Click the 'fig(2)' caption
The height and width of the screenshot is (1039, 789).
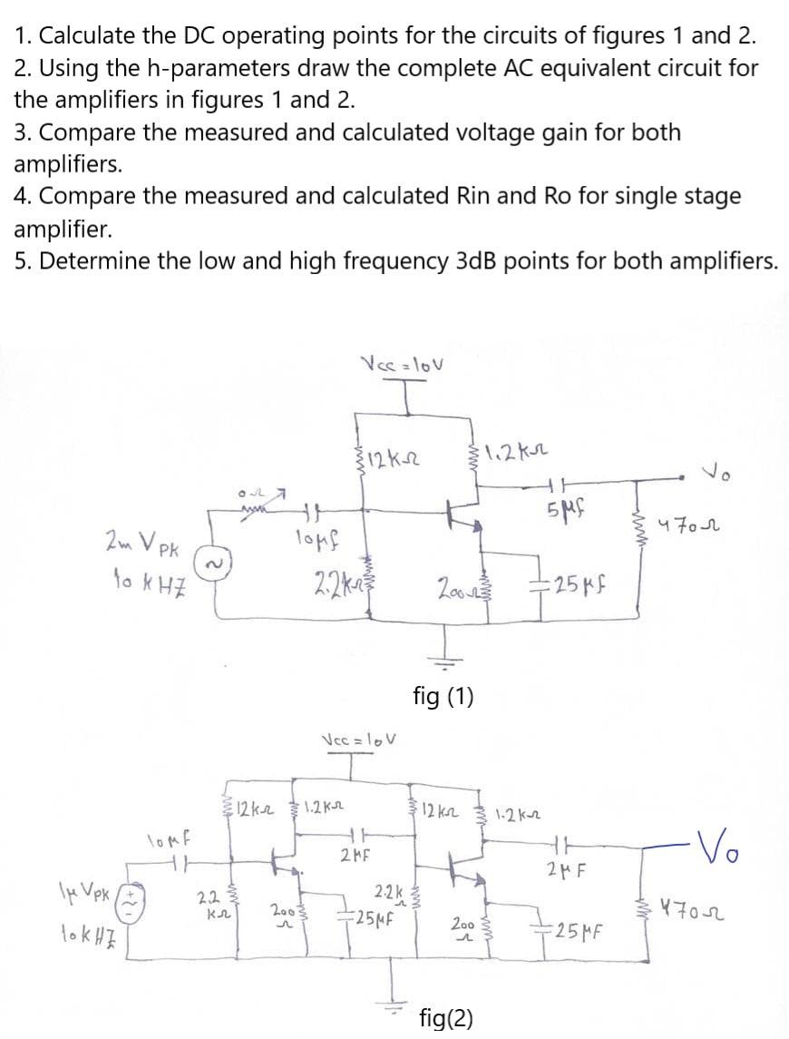click(446, 1017)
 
